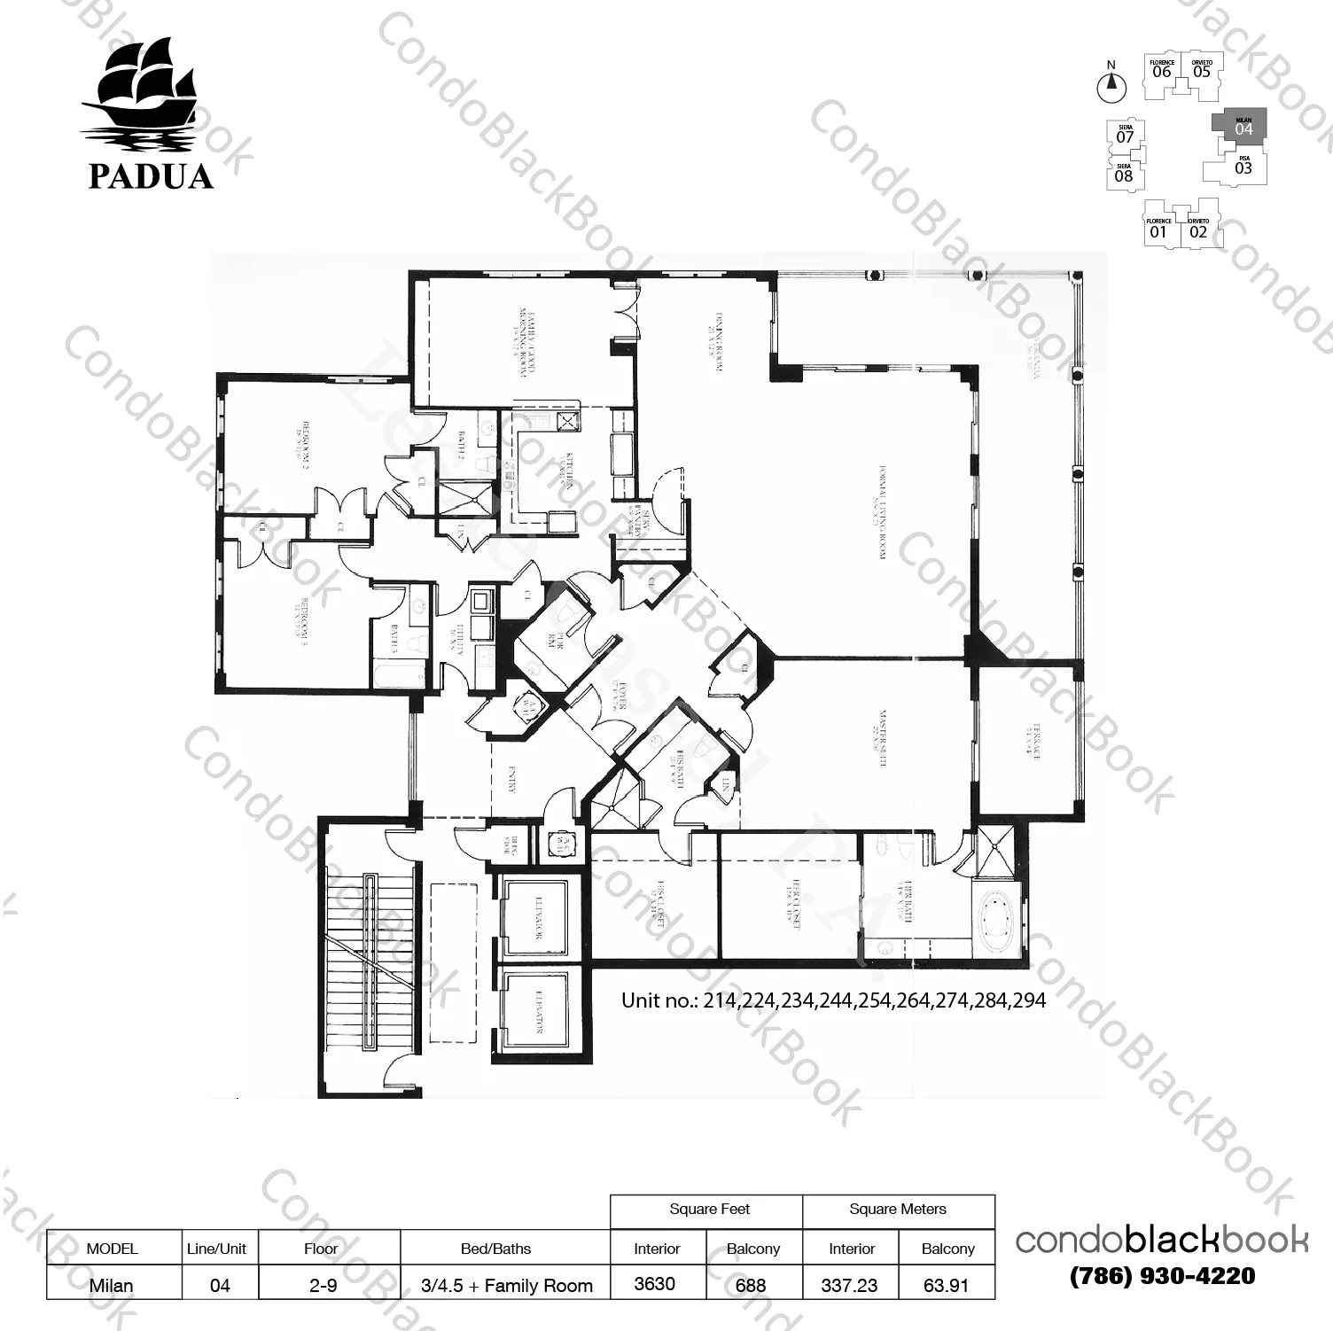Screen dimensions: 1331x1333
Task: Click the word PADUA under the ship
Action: pyautogui.click(x=151, y=176)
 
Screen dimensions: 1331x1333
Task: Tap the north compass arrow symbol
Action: pyautogui.click(x=1111, y=86)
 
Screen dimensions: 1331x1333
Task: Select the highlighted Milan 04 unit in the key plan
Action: pyautogui.click(x=1243, y=127)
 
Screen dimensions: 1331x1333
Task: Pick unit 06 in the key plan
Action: pyautogui.click(x=1161, y=70)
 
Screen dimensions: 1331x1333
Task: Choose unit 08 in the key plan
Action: pyautogui.click(x=1123, y=175)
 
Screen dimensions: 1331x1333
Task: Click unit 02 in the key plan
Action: pyautogui.click(x=1198, y=230)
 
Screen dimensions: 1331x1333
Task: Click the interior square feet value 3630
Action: pyautogui.click(x=655, y=1284)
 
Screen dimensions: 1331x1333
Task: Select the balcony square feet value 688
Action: pyautogui.click(x=751, y=1285)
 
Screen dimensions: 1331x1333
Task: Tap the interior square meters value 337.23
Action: pyautogui.click(x=849, y=1285)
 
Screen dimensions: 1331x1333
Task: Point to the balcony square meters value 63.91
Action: pyautogui.click(x=946, y=1285)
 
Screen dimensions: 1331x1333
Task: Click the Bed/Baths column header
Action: pyautogui.click(x=495, y=1249)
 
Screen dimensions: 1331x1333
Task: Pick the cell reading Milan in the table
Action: pyautogui.click(x=112, y=1285)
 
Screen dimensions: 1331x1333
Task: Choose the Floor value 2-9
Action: pyautogui.click(x=323, y=1285)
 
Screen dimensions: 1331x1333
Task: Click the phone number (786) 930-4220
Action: pyautogui.click(x=1162, y=1276)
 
